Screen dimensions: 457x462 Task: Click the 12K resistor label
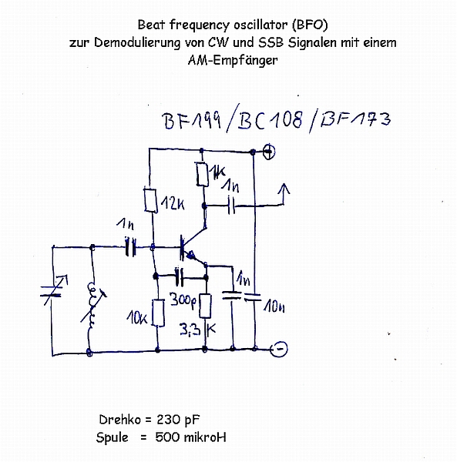point(173,203)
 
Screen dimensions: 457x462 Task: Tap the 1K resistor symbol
point(203,174)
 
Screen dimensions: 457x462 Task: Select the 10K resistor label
point(137,318)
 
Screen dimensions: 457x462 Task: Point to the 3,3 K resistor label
point(198,330)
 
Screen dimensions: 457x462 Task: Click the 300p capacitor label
point(183,300)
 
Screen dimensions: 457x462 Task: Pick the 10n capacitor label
point(274,306)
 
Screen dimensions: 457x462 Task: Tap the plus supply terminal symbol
point(269,152)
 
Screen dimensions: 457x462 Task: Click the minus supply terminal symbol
point(279,349)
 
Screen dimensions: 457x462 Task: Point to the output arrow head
point(284,189)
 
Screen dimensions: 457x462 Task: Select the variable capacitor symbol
point(53,291)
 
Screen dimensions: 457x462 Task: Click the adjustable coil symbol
point(93,303)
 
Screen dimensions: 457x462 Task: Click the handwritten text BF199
point(192,121)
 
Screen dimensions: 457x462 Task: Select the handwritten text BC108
point(270,120)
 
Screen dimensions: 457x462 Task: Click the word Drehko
point(120,420)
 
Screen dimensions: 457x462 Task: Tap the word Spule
point(112,438)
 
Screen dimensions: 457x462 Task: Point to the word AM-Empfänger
point(233,60)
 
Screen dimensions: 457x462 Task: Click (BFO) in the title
point(310,25)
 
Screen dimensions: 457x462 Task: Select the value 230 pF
point(178,420)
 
